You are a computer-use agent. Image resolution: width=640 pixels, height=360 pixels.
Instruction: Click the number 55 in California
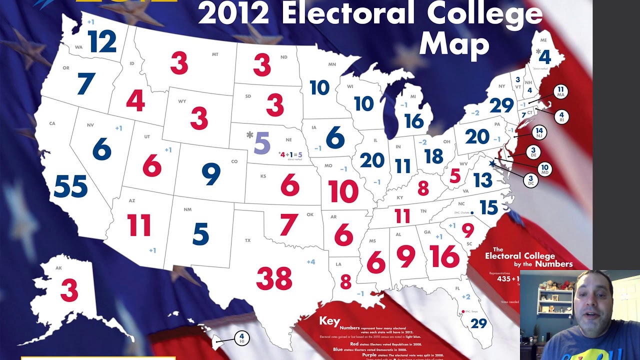tap(70, 186)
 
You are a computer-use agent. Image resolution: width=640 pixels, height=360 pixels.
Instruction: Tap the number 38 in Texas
tap(274, 278)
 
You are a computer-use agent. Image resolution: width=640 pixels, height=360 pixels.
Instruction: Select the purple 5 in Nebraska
tap(262, 143)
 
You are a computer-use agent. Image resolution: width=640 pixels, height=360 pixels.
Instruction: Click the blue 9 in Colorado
tap(211, 173)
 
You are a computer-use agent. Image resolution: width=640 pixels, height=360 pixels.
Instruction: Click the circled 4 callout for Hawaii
tap(241, 338)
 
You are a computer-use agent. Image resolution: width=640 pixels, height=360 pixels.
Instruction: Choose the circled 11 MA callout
tap(560, 91)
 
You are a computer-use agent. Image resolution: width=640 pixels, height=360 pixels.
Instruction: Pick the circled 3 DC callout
tap(530, 181)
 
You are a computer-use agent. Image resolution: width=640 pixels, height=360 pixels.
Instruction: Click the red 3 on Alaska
tap(69, 290)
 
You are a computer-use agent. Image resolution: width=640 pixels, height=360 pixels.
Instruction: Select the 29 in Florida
tap(478, 323)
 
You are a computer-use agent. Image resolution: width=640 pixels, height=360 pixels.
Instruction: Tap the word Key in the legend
tap(329, 321)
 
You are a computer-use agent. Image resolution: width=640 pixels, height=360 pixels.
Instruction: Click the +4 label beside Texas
tap(311, 261)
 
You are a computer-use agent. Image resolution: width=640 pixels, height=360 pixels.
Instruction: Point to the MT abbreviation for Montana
tap(215, 54)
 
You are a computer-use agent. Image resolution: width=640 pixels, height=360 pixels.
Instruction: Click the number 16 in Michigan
tap(414, 121)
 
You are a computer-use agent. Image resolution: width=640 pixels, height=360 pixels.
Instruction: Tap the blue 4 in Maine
tap(544, 57)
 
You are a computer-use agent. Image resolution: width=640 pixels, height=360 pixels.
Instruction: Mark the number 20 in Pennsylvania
tap(477, 136)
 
